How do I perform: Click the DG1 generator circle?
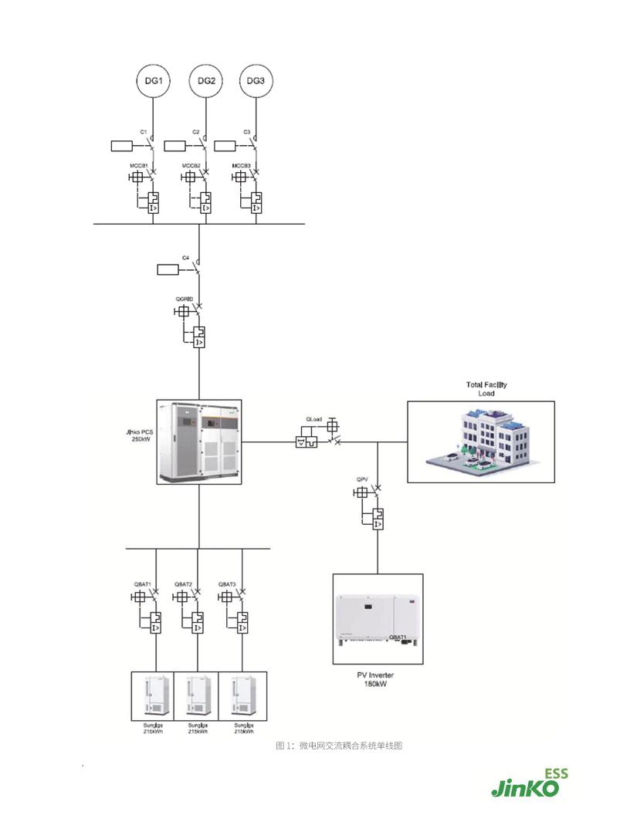pyautogui.click(x=153, y=80)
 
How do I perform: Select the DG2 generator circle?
pyautogui.click(x=205, y=80)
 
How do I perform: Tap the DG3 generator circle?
pyautogui.click(x=256, y=80)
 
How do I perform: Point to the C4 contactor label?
pyautogui.click(x=186, y=256)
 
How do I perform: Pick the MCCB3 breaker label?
pyautogui.click(x=242, y=166)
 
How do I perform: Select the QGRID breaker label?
pyautogui.click(x=184, y=298)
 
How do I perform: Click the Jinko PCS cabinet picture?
pyautogui.click(x=199, y=441)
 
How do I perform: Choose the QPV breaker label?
pyautogui.click(x=361, y=480)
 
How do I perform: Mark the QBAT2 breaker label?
pyautogui.click(x=183, y=583)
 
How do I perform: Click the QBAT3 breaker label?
pyautogui.click(x=227, y=583)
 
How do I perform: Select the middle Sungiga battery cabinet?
pyautogui.click(x=197, y=696)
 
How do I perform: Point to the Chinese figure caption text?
pyautogui.click(x=340, y=746)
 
